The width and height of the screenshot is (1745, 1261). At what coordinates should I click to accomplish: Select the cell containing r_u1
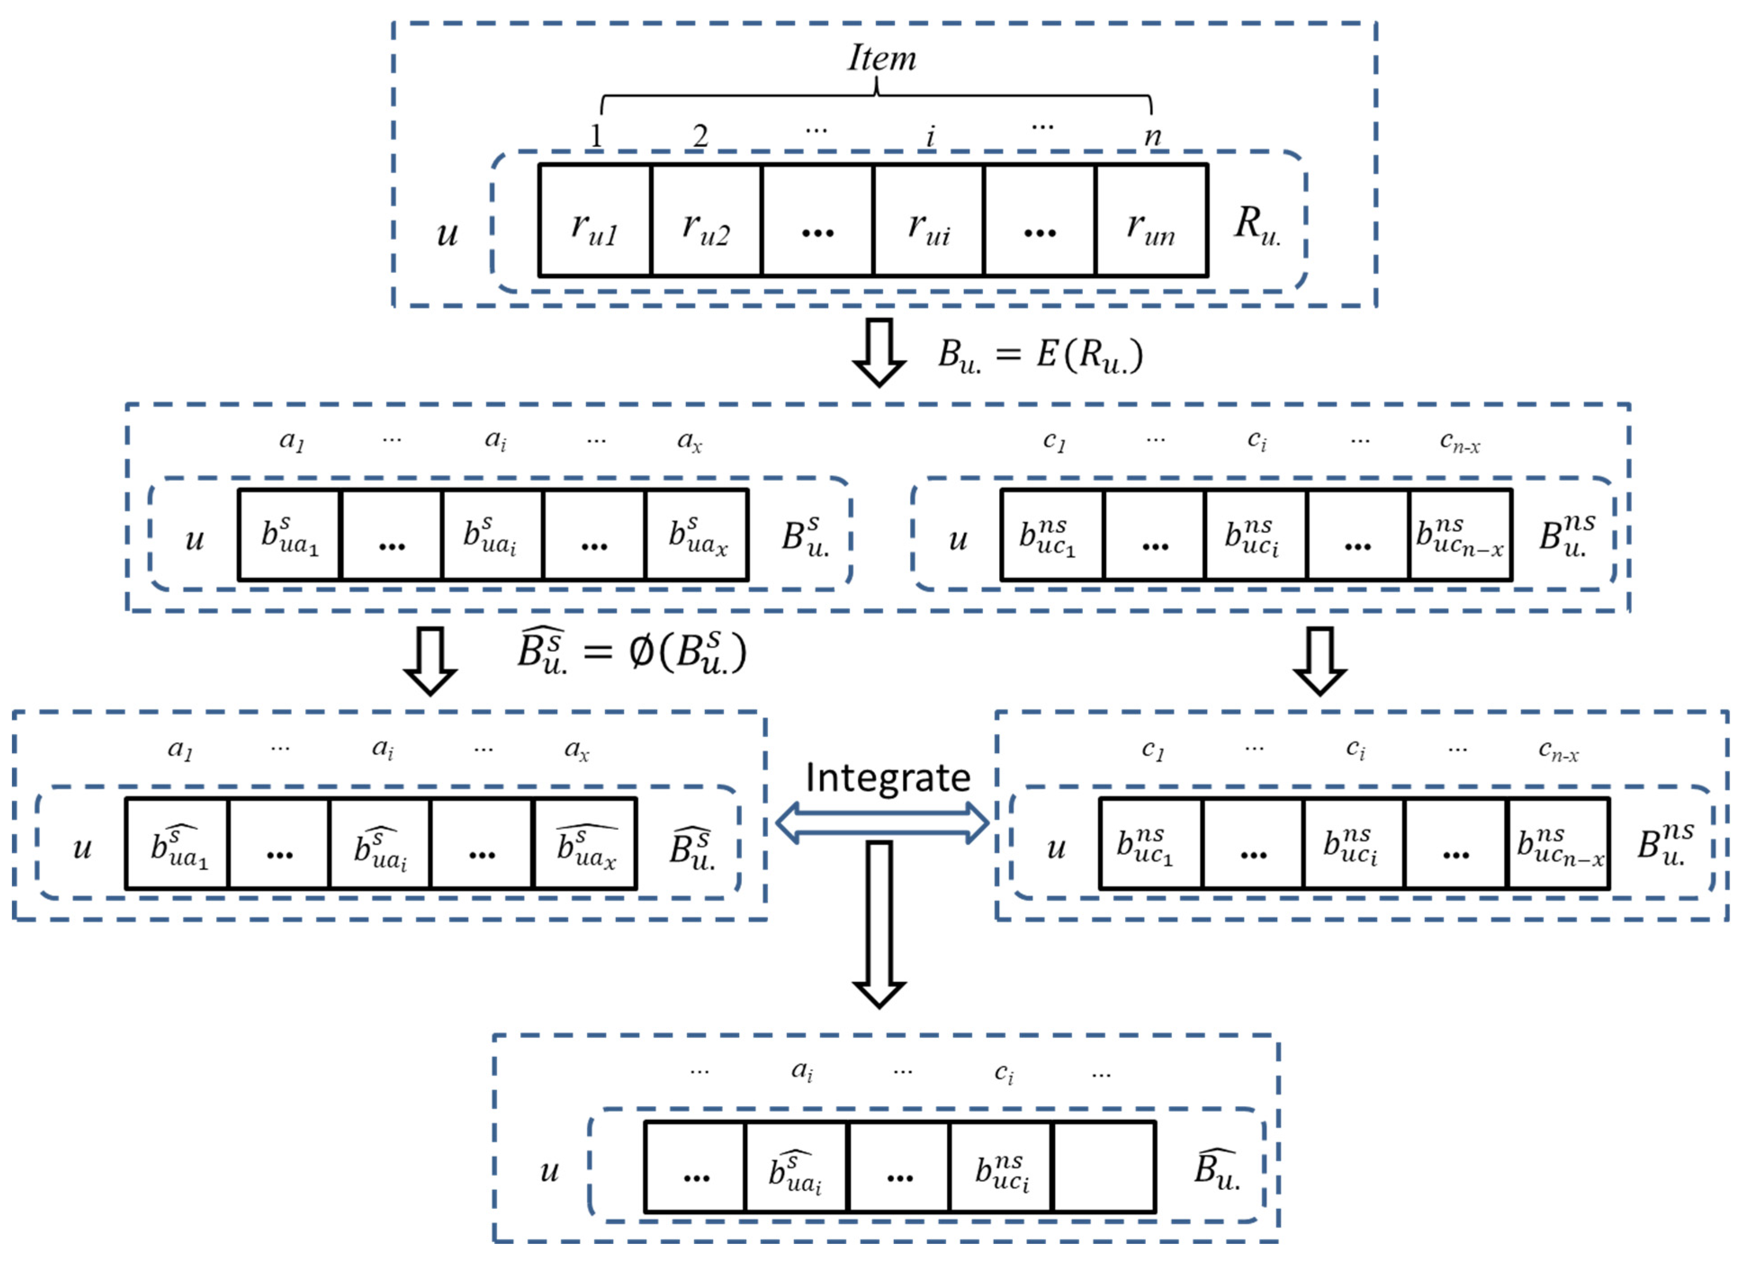[x=595, y=220]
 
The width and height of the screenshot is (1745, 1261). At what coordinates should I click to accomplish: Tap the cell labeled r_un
[x=1151, y=220]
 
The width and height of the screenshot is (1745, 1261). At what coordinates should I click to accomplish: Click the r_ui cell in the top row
[x=929, y=220]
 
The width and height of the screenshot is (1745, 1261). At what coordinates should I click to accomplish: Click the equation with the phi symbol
[x=631, y=652]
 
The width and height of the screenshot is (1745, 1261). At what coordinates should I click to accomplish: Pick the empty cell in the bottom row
[x=1104, y=1167]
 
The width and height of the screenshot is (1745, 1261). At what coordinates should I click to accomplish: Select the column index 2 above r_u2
[x=700, y=136]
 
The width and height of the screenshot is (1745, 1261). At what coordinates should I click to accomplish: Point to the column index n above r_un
[x=1152, y=136]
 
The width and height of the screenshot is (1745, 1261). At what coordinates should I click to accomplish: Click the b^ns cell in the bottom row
[x=1001, y=1167]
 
